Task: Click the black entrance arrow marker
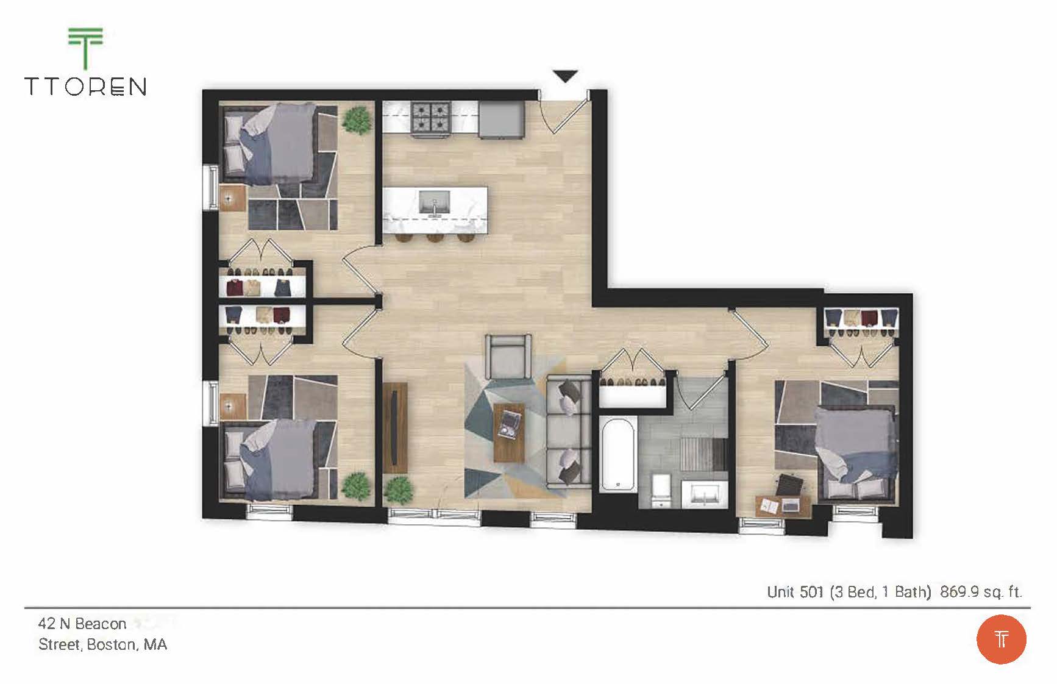click(565, 76)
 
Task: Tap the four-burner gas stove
click(431, 118)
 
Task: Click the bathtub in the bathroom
click(618, 453)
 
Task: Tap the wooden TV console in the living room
click(396, 427)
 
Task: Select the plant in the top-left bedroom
click(357, 120)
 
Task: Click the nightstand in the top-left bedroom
click(232, 198)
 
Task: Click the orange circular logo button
click(1001, 639)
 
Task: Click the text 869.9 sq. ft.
click(980, 591)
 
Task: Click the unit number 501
click(811, 591)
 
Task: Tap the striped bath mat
click(702, 454)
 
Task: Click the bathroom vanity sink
click(704, 493)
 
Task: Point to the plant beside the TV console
click(399, 490)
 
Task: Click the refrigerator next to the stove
click(501, 119)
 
